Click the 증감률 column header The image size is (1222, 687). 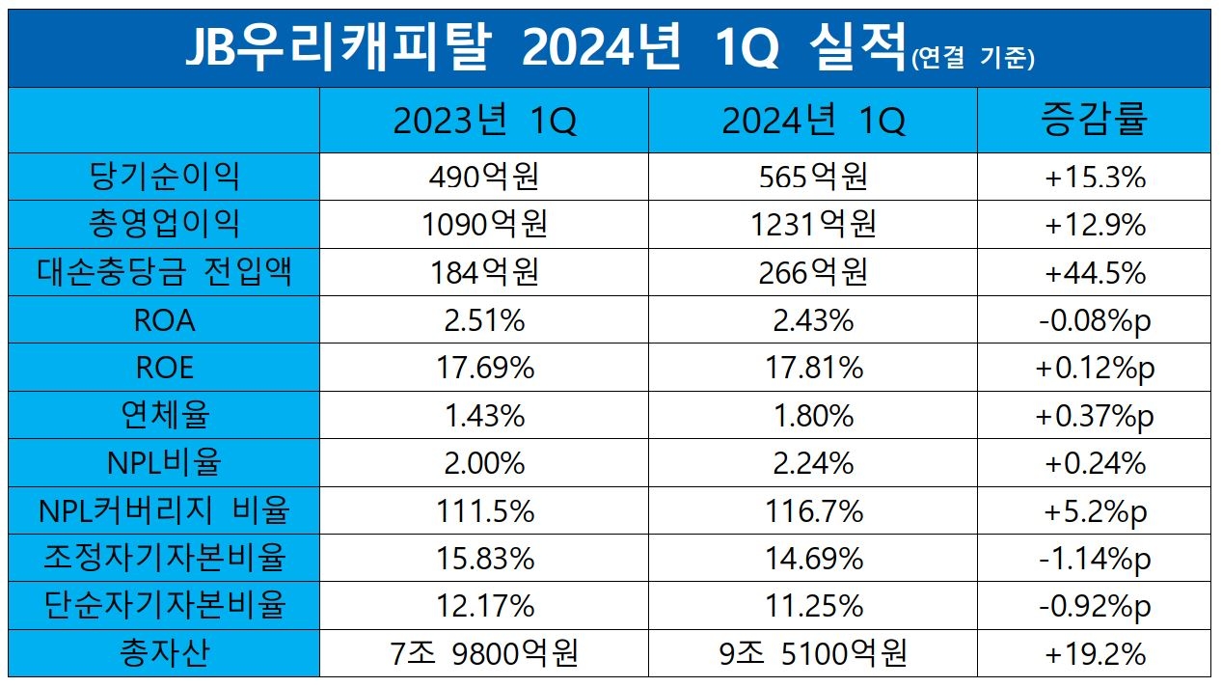1094,121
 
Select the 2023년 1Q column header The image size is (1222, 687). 483,121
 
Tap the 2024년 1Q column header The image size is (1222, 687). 812,121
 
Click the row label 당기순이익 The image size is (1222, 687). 164,177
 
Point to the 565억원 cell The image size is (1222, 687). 812,177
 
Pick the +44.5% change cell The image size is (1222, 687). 1095,272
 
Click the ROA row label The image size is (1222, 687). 164,320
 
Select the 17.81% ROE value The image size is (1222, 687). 812,368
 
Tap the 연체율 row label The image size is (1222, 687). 164,416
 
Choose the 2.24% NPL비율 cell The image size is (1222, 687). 812,463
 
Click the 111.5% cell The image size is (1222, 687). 483,511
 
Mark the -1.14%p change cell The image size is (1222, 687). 1095,559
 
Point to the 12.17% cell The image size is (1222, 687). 483,606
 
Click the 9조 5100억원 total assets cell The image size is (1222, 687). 812,654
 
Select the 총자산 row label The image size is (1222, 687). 164,654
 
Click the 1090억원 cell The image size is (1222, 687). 483,225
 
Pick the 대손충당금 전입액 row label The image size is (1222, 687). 164,272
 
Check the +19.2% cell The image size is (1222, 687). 1095,654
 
